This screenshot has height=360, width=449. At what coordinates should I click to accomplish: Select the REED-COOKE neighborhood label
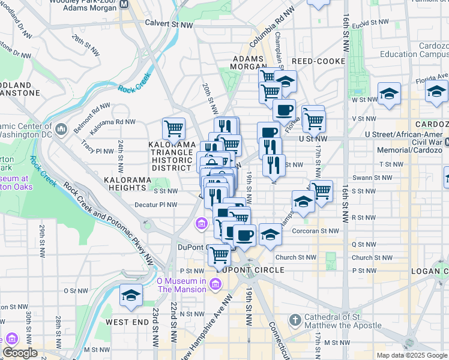tap(318, 61)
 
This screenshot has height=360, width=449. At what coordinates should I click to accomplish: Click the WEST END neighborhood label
tap(127, 322)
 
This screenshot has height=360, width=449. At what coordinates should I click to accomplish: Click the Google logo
tap(20, 353)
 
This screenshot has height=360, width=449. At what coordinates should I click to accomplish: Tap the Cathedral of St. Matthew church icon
tap(295, 320)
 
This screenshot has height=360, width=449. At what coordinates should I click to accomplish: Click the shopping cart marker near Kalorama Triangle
tap(173, 128)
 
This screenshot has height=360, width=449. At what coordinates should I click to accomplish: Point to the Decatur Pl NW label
tap(156, 205)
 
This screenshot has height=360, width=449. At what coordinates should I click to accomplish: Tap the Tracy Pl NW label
tap(95, 144)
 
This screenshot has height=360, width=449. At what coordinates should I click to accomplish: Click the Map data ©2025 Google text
tap(411, 355)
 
